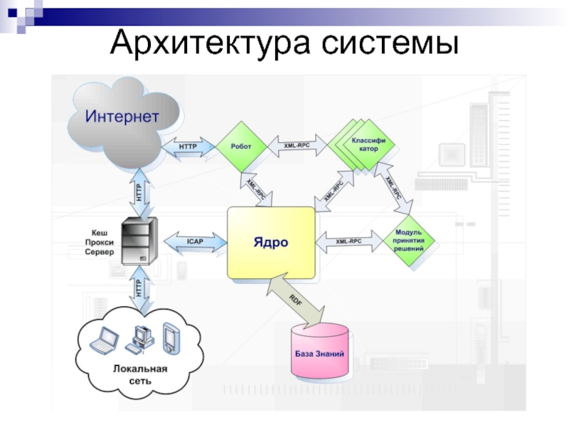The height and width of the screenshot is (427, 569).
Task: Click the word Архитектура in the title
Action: pyautogui.click(x=211, y=43)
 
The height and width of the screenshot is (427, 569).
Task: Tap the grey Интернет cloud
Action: pyautogui.click(x=122, y=123)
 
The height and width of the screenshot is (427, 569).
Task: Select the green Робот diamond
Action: pyautogui.click(x=241, y=147)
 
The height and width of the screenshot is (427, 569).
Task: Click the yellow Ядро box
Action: pyautogui.click(x=271, y=243)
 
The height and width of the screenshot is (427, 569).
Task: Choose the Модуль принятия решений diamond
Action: pyautogui.click(x=409, y=241)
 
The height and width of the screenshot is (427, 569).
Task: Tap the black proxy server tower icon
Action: pyautogui.click(x=139, y=241)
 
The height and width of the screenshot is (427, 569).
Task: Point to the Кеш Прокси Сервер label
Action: pyautogui.click(x=100, y=242)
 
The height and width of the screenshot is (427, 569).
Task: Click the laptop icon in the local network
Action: pyautogui.click(x=104, y=340)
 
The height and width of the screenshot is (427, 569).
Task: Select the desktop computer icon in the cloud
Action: pyautogui.click(x=140, y=340)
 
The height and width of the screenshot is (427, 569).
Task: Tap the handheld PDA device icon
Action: pyautogui.click(x=171, y=338)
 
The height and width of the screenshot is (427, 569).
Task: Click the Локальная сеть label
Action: pyautogui.click(x=140, y=375)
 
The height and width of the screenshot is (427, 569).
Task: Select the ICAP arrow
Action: pyautogui.click(x=195, y=242)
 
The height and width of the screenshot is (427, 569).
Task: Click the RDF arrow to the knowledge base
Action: pyautogui.click(x=296, y=300)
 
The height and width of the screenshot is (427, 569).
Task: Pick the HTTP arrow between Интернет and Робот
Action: pyautogui.click(x=188, y=147)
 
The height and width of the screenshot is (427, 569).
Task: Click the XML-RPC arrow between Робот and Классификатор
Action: pyautogui.click(x=297, y=146)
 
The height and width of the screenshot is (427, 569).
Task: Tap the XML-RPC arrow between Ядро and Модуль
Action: pyautogui.click(x=349, y=241)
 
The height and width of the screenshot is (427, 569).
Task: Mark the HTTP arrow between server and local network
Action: pyautogui.click(x=139, y=288)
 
